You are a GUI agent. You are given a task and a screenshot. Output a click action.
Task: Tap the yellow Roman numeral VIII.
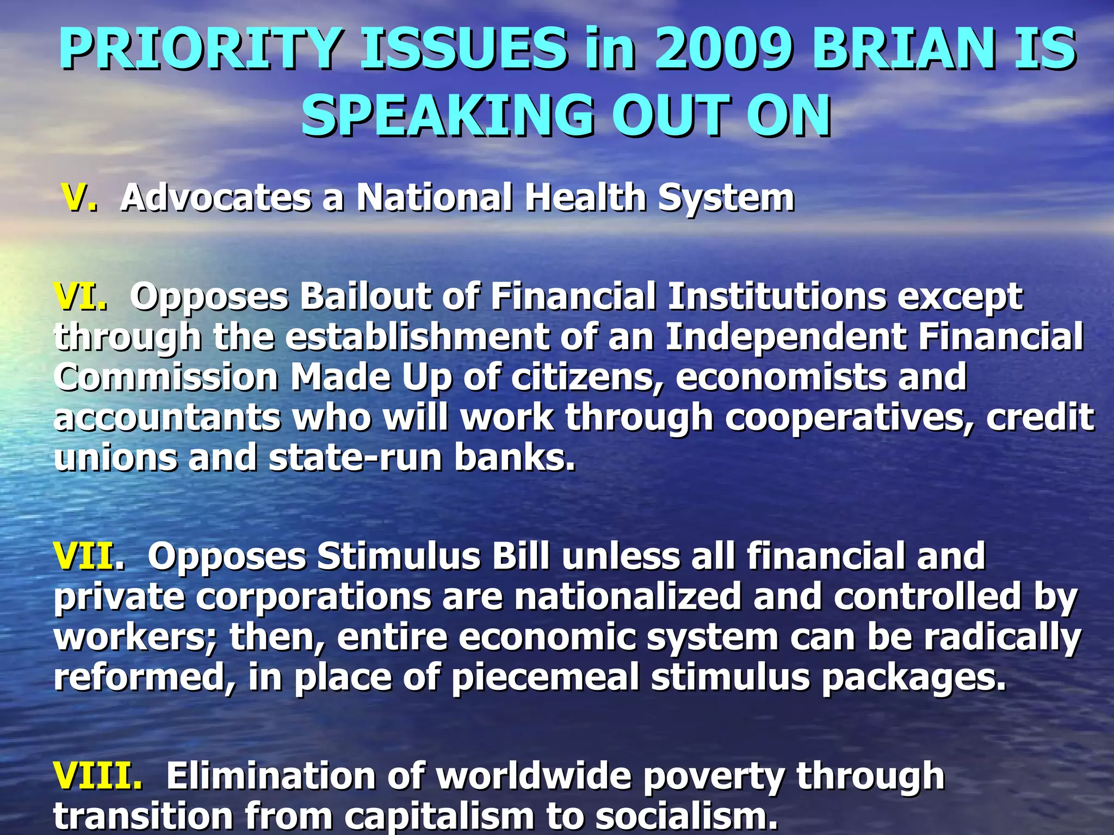tap(97, 775)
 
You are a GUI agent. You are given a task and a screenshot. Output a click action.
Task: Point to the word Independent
tap(785, 337)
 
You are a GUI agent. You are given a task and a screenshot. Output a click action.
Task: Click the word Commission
tap(166, 377)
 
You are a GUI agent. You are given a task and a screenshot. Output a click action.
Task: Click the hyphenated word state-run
tap(355, 458)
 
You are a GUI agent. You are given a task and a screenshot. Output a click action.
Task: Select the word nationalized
tap(627, 597)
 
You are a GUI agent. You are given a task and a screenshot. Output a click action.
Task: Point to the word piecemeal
tap(545, 678)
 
